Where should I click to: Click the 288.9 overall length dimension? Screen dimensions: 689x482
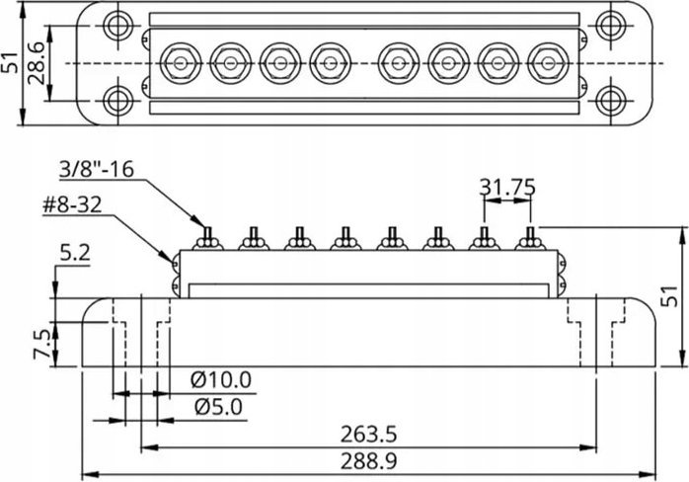tap(368, 461)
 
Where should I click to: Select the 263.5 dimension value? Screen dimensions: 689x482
tap(368, 435)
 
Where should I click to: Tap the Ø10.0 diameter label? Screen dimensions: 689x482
tap(221, 380)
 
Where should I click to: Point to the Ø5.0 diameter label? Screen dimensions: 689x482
tap(218, 408)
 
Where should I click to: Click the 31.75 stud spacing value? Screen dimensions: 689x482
tap(507, 188)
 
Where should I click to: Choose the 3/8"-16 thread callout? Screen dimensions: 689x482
tap(96, 169)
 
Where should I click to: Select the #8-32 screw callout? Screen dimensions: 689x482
tap(72, 204)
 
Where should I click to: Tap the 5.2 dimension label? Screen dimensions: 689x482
tap(75, 254)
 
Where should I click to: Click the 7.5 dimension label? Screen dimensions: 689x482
tap(42, 345)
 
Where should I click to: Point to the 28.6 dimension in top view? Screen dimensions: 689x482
tap(37, 63)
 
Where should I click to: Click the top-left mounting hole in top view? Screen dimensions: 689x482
tap(117, 25)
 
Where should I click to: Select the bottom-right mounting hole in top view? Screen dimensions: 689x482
tap(611, 101)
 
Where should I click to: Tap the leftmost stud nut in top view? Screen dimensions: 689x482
tap(181, 63)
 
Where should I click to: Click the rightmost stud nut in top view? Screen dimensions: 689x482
tap(548, 63)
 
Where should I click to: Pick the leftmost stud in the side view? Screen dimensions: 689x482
tap(208, 239)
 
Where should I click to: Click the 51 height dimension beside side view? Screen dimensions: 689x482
tap(669, 296)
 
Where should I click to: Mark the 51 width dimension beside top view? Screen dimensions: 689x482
tap(10, 63)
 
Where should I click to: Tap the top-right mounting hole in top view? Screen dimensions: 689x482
tap(611, 25)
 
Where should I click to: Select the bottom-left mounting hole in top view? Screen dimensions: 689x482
tap(117, 101)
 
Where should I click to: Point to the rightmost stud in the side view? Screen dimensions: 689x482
tap(530, 239)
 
